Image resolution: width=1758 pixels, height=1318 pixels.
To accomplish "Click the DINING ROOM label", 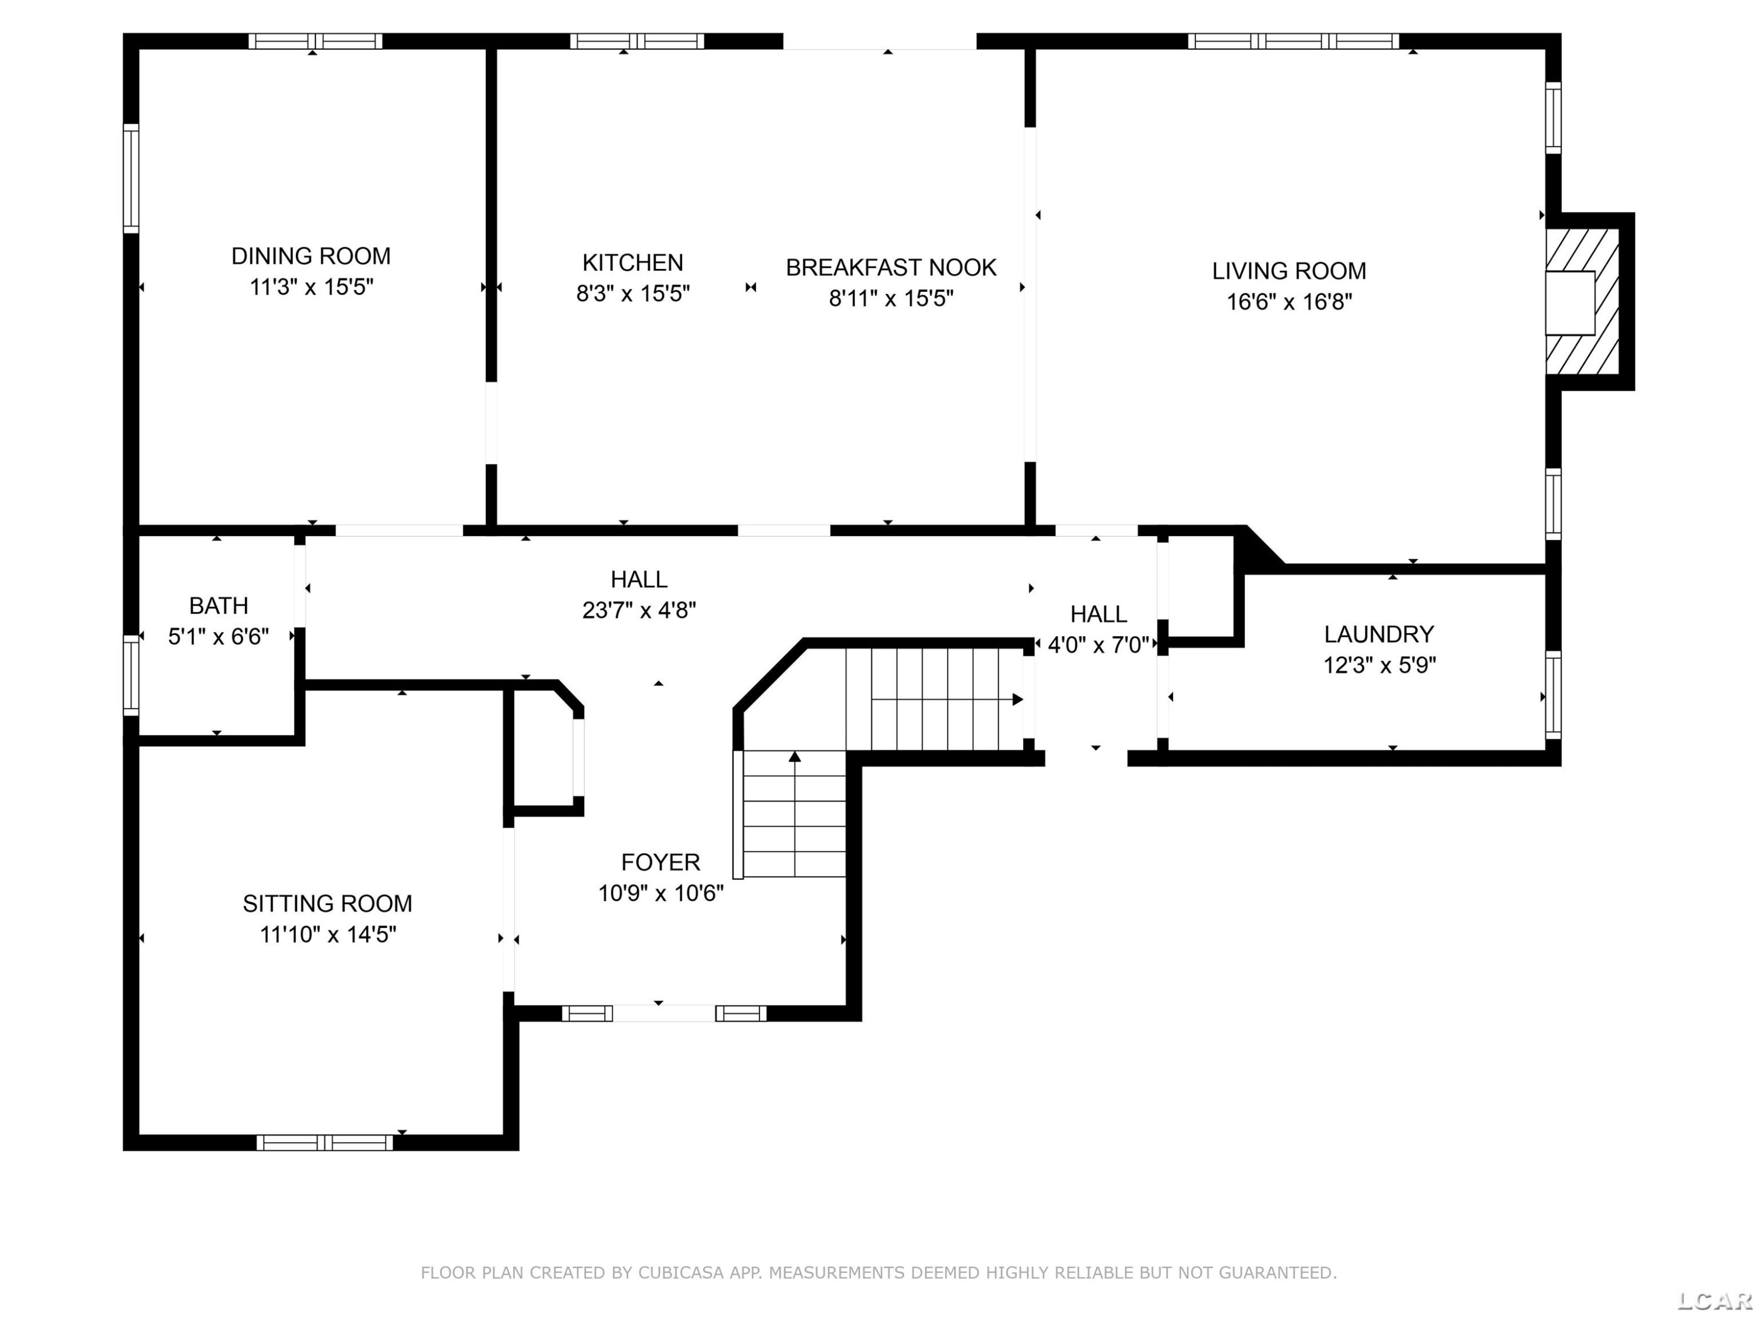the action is [x=311, y=256].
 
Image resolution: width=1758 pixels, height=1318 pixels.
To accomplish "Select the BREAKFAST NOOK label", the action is [x=891, y=268].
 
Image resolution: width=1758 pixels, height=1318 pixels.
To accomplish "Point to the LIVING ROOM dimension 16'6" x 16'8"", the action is [x=1289, y=302].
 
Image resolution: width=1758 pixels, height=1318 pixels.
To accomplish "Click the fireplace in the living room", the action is [x=1582, y=302].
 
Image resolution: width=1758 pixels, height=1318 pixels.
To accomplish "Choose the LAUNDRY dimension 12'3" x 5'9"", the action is [x=1379, y=665].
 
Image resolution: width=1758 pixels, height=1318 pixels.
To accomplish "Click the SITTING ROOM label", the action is [x=328, y=903].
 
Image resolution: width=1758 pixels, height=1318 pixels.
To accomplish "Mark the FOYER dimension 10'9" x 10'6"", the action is [x=660, y=893].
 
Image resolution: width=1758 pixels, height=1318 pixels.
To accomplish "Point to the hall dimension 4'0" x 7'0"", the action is [x=1098, y=645].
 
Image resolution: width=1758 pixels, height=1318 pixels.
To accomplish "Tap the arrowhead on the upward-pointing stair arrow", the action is [x=795, y=756].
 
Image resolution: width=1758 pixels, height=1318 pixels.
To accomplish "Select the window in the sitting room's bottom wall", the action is [x=324, y=1142].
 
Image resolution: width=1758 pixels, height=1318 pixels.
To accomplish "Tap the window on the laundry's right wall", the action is [x=1553, y=695].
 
